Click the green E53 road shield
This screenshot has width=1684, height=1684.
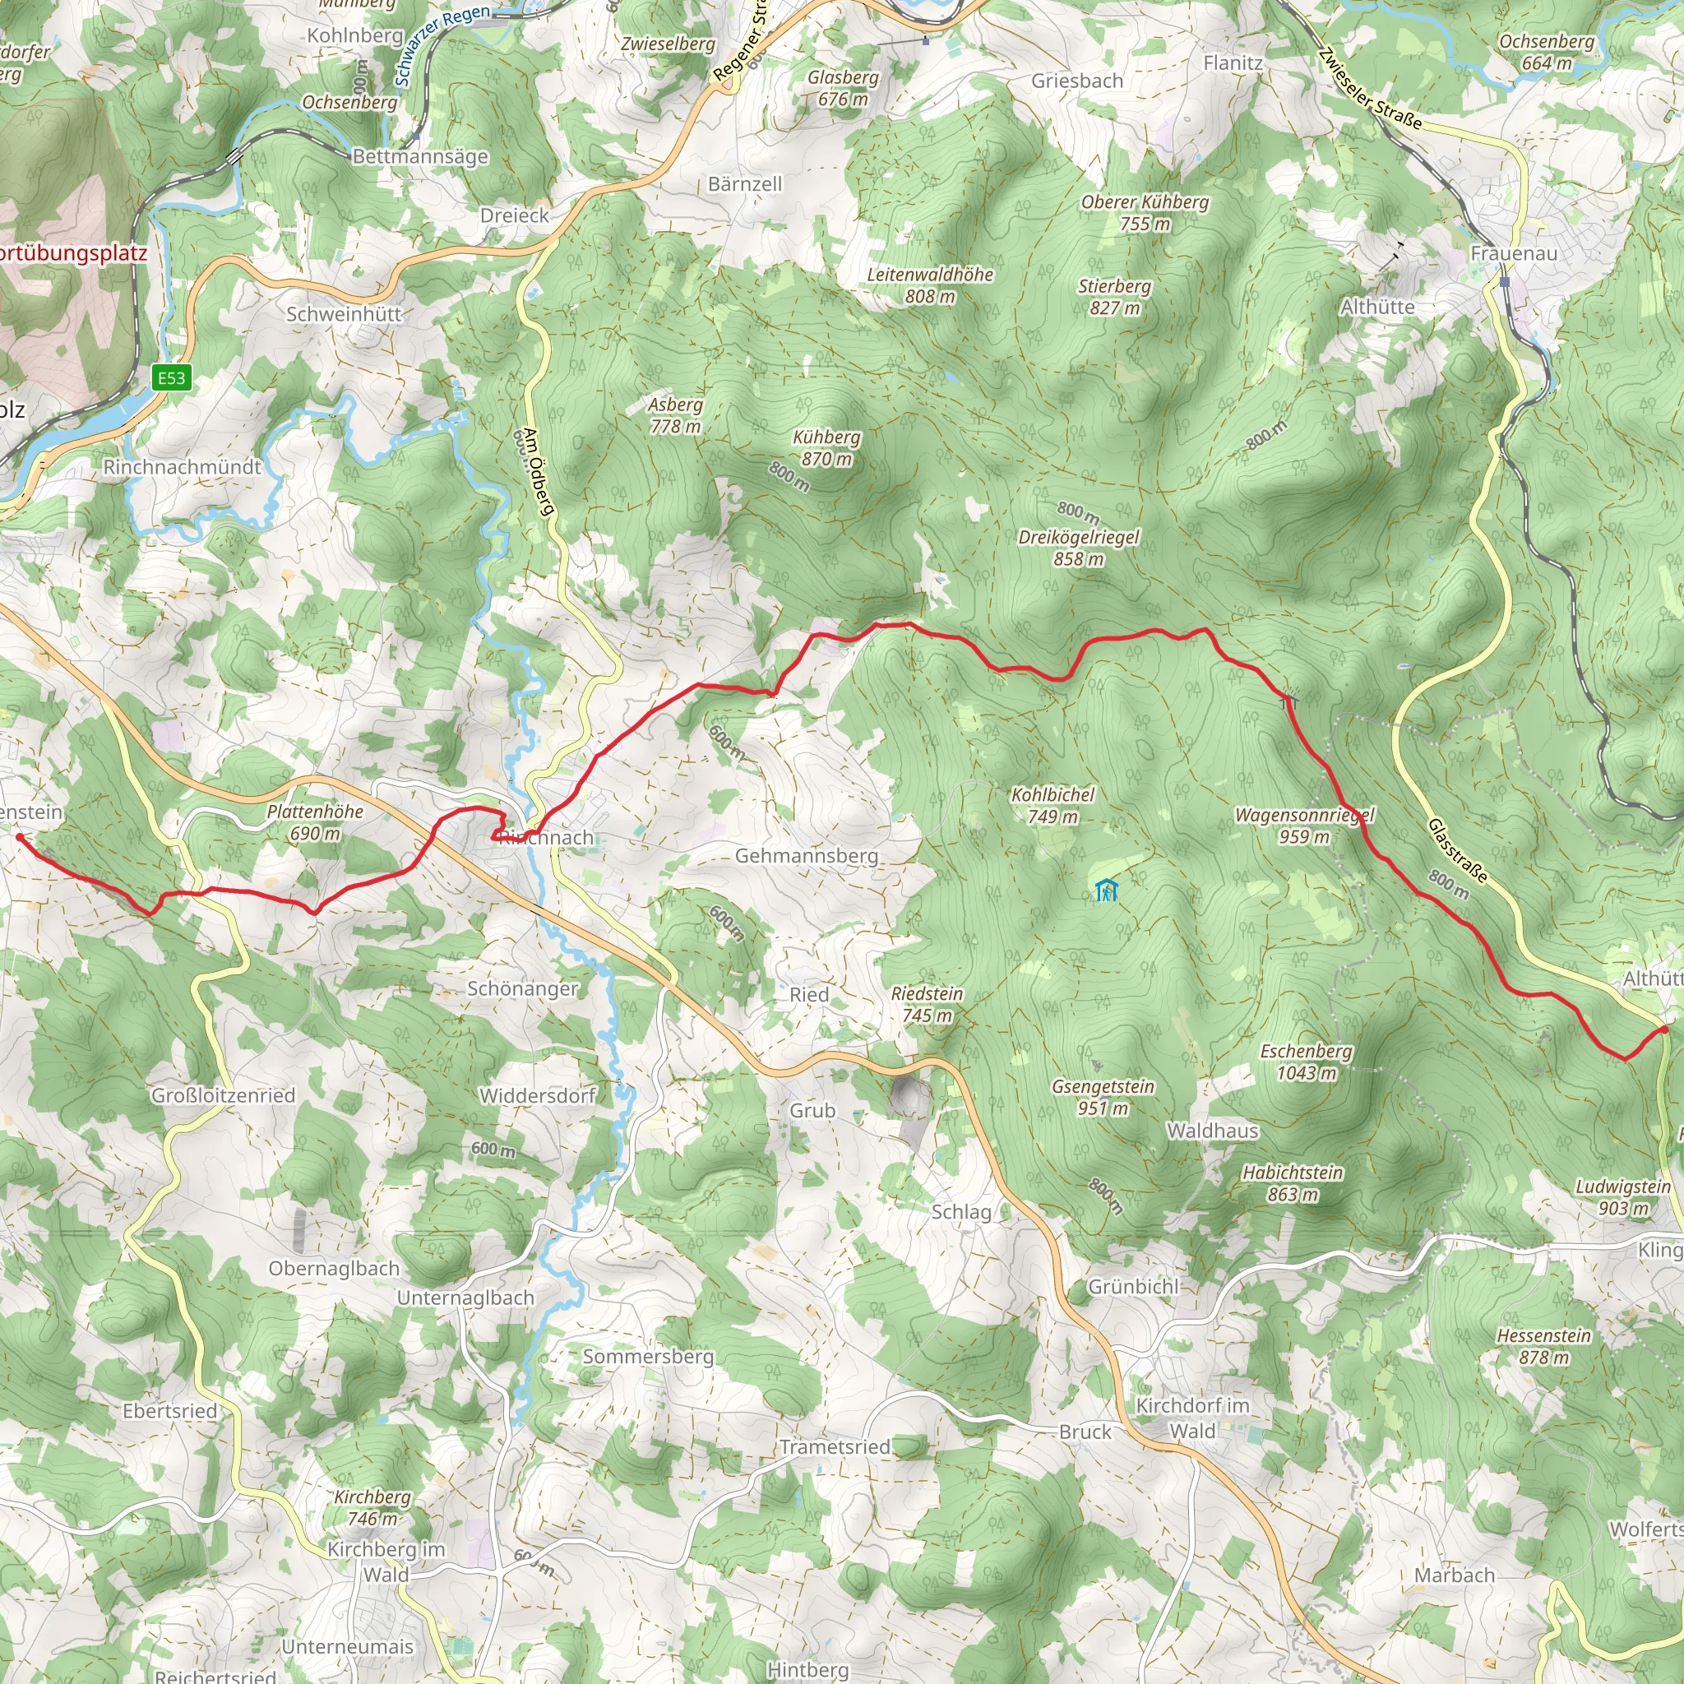(172, 377)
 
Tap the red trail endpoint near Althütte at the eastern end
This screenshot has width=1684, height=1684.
(1664, 1029)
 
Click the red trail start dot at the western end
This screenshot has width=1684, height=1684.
(19, 837)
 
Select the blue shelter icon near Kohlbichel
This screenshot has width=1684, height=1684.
(1106, 891)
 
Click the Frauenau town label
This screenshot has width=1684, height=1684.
(1513, 253)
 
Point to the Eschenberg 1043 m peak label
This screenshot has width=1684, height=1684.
(1306, 1062)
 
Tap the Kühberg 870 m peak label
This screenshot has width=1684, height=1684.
(826, 447)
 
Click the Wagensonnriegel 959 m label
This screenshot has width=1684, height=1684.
(1304, 826)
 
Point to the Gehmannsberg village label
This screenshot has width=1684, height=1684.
(807, 856)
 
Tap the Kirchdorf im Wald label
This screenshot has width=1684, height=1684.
(1191, 1418)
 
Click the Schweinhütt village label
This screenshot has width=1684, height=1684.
(344, 314)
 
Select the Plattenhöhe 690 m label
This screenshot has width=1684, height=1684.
(315, 822)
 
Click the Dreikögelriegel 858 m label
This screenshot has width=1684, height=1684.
(1078, 548)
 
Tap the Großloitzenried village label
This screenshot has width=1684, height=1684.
(223, 1095)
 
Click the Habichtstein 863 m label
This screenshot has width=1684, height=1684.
(1292, 1182)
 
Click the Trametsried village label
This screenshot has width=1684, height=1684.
(834, 1447)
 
